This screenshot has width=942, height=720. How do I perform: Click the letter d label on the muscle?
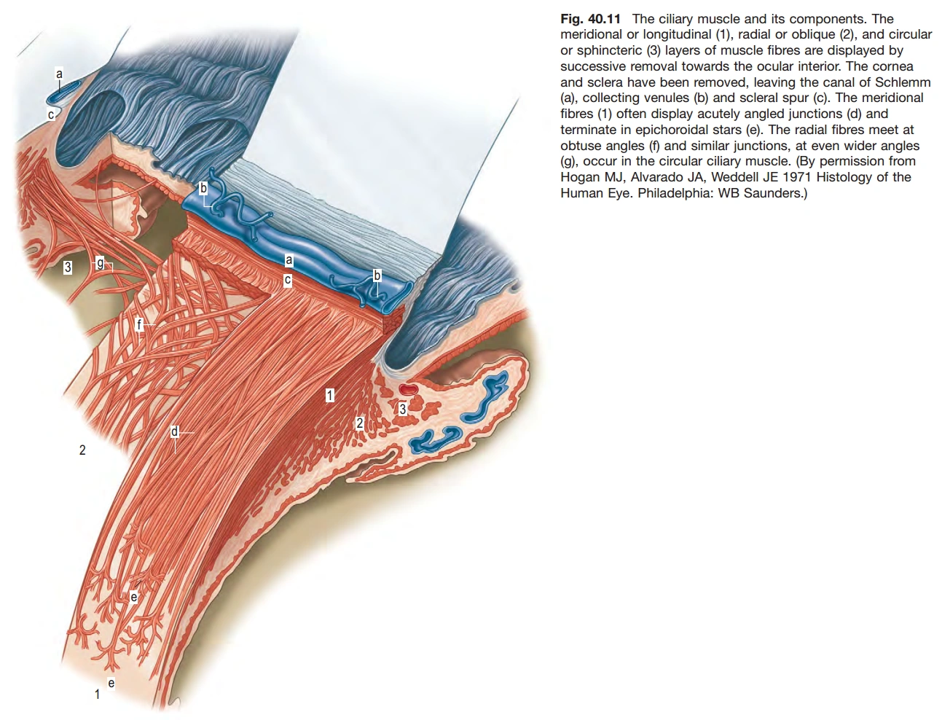click(174, 432)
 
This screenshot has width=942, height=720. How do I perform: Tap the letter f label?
click(140, 324)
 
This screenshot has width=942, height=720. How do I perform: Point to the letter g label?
click(101, 264)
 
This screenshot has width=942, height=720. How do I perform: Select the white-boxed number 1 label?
click(330, 396)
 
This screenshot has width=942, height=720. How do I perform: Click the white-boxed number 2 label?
click(360, 423)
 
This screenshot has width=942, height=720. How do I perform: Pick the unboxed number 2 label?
click(82, 450)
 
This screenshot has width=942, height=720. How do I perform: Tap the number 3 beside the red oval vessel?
click(402, 410)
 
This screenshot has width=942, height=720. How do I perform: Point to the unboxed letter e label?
click(111, 683)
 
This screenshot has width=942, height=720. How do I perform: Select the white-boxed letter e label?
click(133, 598)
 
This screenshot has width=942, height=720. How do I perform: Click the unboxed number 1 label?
click(97, 694)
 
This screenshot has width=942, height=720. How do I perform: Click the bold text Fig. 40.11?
click(590, 19)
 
